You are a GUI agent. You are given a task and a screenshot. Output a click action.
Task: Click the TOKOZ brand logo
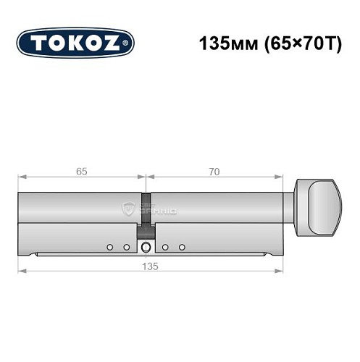tap(75, 43)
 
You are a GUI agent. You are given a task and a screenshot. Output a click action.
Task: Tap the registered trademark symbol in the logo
tap(127, 43)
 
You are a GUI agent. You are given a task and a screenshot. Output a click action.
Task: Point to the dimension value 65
tap(82, 172)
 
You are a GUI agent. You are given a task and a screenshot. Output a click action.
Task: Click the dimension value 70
tap(214, 172)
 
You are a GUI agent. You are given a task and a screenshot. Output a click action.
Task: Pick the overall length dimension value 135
tap(150, 265)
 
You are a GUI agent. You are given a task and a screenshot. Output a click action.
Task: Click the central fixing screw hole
tap(146, 248)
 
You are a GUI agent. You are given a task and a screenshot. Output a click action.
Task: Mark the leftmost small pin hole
tap(109, 248)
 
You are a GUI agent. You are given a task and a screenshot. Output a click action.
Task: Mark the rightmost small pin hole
tap(183, 248)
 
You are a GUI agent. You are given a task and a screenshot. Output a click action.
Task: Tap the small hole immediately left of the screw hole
tap(126, 248)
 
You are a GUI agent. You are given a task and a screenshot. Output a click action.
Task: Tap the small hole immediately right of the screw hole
tap(166, 248)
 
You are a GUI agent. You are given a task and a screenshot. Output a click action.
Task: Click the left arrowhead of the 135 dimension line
tap(21, 271)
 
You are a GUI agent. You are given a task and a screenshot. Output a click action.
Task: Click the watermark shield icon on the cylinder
tap(129, 210)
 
